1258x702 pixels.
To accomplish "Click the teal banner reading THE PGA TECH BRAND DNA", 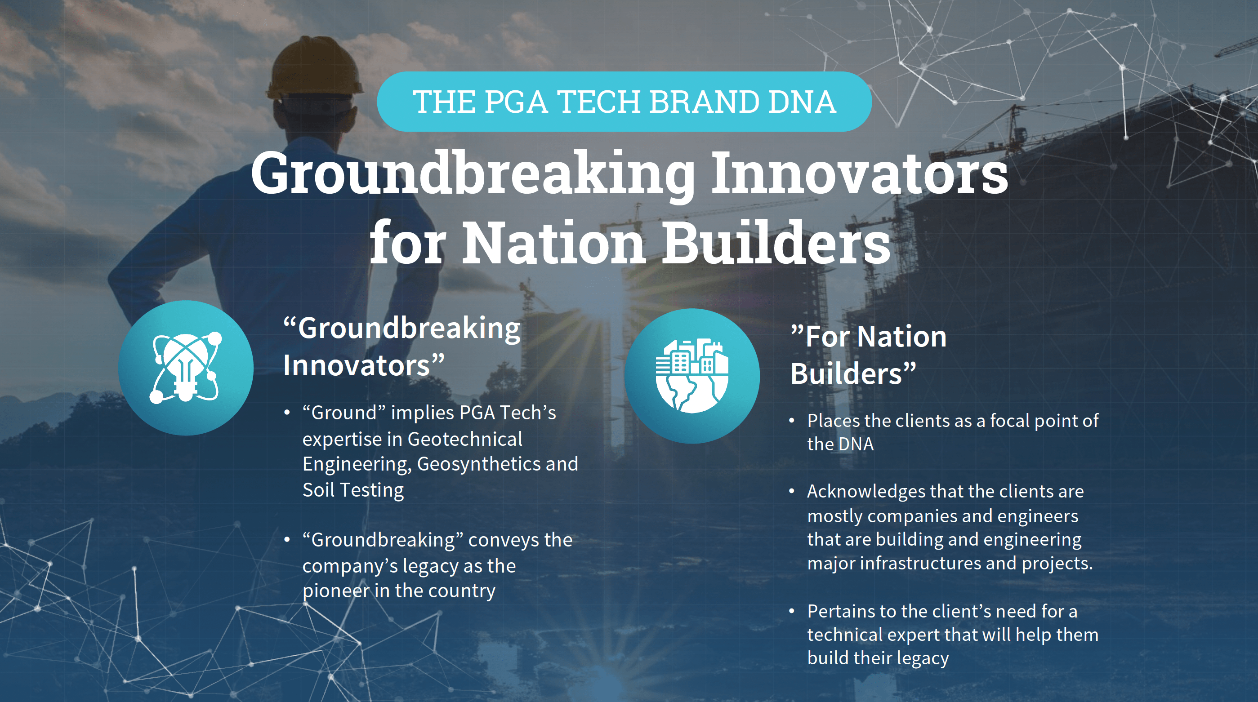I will coord(624,102).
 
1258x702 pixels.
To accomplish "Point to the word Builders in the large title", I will coord(776,243).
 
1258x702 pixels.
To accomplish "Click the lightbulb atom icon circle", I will coord(186,368).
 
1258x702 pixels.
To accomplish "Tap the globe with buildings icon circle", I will coord(691,376).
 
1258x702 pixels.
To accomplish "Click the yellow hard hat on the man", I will coord(313,68).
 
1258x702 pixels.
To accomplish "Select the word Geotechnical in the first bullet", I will coord(464,439).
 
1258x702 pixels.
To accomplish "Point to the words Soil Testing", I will coord(353,489).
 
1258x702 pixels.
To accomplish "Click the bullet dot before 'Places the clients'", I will coord(792,421).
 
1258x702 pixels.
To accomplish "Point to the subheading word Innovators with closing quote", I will coord(364,365).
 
